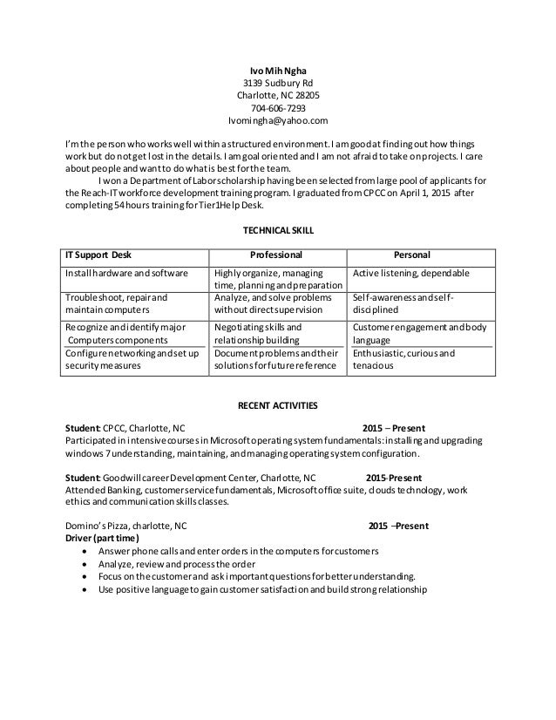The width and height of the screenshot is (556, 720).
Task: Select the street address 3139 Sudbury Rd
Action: [278, 82]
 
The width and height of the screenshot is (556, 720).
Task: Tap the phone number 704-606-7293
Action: [278, 108]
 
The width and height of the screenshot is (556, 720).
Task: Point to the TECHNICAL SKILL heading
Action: [278, 230]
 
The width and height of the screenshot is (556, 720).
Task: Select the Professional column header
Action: [277, 255]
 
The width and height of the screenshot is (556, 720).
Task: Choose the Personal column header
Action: [412, 255]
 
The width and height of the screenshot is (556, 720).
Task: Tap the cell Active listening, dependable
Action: [410, 273]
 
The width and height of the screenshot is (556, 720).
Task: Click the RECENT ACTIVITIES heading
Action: [278, 405]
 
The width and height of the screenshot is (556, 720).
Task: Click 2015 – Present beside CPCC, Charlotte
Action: [393, 428]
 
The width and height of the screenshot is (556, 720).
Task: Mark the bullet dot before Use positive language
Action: [83, 588]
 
